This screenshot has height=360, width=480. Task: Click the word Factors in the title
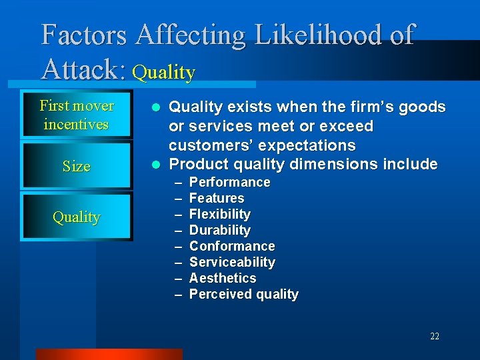click(x=84, y=35)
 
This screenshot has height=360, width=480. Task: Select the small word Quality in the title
click(x=164, y=72)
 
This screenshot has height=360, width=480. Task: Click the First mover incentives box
click(x=77, y=115)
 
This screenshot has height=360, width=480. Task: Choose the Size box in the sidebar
click(x=77, y=166)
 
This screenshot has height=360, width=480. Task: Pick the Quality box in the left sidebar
click(x=77, y=217)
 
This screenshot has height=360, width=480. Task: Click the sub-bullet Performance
click(x=229, y=182)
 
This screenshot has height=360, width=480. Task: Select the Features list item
click(x=217, y=198)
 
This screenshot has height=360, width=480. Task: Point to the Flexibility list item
click(x=220, y=214)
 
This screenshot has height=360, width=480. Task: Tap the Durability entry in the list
click(x=220, y=230)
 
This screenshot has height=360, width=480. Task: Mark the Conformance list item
click(x=232, y=246)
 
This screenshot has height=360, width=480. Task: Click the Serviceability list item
click(x=232, y=262)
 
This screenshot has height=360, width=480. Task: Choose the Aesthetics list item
click(x=223, y=278)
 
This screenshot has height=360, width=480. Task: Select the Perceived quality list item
click(x=244, y=294)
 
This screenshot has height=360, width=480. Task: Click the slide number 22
click(x=435, y=337)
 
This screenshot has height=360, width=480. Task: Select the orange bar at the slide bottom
click(x=109, y=354)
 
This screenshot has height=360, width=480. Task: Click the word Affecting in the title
click(x=189, y=35)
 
